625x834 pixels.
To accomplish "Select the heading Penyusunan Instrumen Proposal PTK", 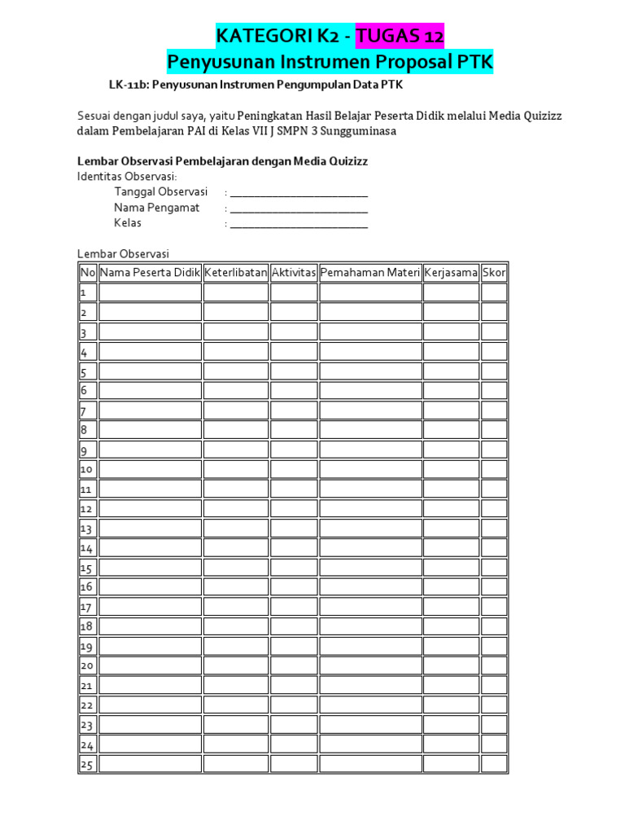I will [330, 62].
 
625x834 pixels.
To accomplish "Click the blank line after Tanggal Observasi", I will [299, 193].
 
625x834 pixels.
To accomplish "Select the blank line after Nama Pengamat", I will [299, 208].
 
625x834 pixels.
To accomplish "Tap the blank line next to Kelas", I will [299, 223].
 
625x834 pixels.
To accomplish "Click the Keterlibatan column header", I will [235, 273].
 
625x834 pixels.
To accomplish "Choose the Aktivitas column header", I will [293, 273].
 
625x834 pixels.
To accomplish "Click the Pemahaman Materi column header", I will [370, 273].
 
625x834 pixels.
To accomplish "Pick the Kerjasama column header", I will [451, 273].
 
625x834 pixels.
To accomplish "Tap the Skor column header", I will [493, 273].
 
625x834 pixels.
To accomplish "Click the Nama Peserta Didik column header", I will [150, 273].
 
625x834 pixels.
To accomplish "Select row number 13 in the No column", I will [86, 529].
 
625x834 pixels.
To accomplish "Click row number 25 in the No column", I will [86, 765].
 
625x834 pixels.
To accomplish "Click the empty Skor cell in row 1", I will [493, 292].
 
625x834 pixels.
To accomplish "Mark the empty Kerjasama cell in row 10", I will [451, 469].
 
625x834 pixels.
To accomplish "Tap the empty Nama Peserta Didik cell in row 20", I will [150, 666].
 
